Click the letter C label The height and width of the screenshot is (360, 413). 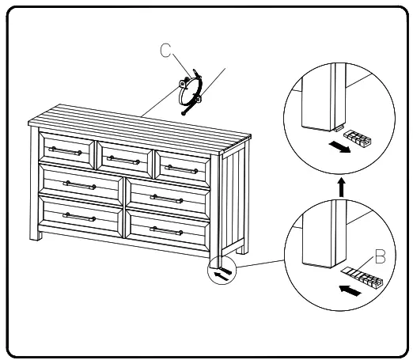165,51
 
